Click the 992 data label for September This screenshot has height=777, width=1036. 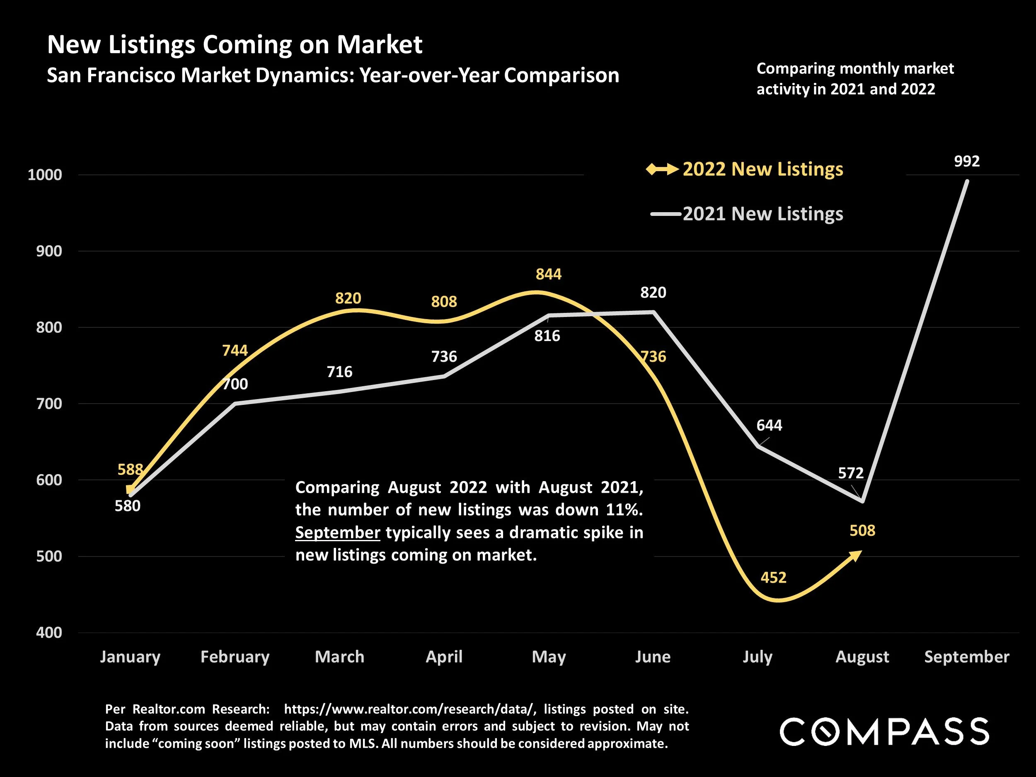click(x=966, y=162)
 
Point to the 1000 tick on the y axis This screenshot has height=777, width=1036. click(x=45, y=175)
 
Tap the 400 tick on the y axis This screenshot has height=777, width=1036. click(x=49, y=633)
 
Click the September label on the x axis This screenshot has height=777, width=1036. click(x=966, y=657)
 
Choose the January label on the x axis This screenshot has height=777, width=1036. click(x=130, y=657)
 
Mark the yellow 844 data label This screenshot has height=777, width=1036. click(x=548, y=274)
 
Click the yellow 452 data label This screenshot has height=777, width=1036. click(x=773, y=578)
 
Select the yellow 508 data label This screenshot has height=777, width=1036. click(x=862, y=531)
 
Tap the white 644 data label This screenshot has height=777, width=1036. click(x=769, y=425)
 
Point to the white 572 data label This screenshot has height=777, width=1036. click(x=850, y=473)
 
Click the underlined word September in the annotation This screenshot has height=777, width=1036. click(x=337, y=533)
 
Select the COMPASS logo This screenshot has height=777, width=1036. click(x=884, y=731)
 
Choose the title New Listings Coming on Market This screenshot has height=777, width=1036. click(x=235, y=45)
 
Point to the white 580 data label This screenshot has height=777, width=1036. click(x=127, y=506)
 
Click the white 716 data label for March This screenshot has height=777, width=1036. click(x=339, y=372)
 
